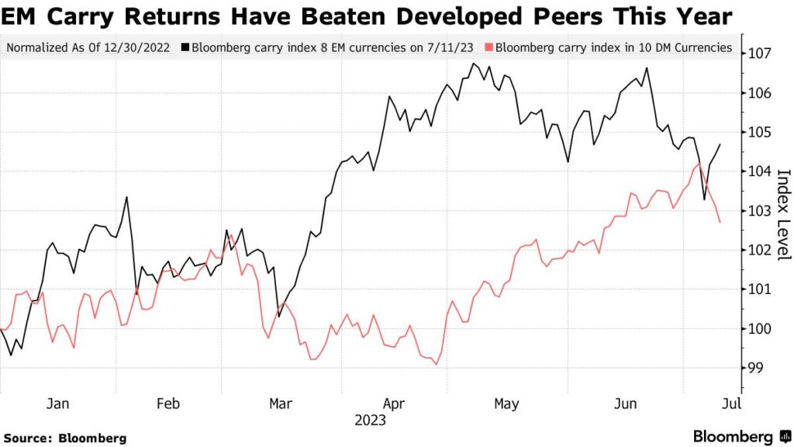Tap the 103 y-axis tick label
[760, 211]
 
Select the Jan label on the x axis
[57, 404]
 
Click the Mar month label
[280, 404]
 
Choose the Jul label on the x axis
[730, 404]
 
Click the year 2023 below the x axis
[371, 421]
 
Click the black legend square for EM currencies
[186, 48]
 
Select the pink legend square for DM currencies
[488, 48]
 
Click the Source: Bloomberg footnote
[64, 438]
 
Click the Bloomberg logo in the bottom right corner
[743, 436]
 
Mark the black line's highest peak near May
[474, 64]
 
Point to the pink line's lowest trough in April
[437, 364]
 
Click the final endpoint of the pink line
[720, 223]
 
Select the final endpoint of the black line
[720, 144]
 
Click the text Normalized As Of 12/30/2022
[90, 48]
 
